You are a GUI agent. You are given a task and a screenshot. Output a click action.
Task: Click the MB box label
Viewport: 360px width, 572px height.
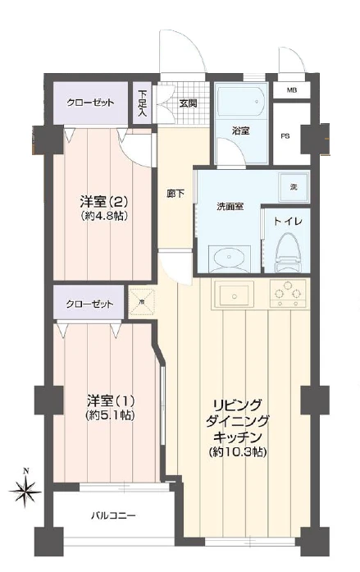point(292,90)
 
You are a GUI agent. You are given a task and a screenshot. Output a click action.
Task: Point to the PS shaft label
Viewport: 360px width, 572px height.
point(286,135)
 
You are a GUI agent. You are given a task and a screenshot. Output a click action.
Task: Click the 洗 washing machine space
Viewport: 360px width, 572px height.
point(292,187)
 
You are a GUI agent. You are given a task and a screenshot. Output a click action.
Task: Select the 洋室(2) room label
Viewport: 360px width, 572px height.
point(102,202)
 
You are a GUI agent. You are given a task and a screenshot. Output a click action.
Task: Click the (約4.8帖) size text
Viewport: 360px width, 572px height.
point(102,217)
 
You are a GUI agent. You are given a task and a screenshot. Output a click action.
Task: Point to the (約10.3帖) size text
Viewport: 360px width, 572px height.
point(238,452)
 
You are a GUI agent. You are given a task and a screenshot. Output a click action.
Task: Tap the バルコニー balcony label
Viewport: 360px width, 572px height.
point(112,517)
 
